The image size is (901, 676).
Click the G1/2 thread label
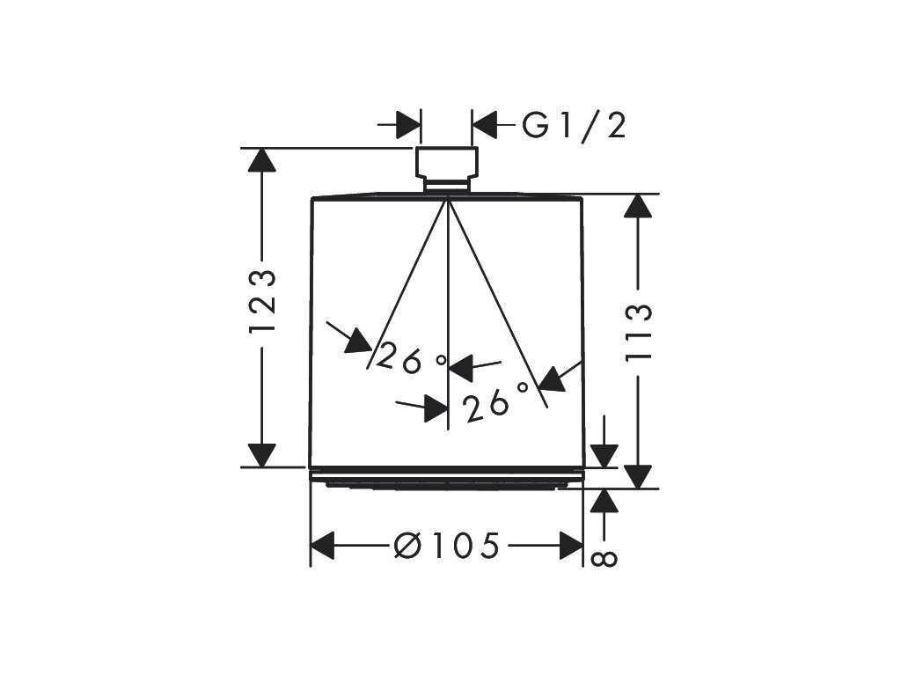click(x=575, y=126)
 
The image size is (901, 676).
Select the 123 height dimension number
click(x=262, y=301)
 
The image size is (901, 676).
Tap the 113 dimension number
click(x=640, y=333)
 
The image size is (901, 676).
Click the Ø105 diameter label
click(x=448, y=546)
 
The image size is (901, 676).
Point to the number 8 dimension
click(x=605, y=557)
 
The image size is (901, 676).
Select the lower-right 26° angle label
click(x=496, y=401)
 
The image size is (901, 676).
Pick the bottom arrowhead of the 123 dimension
click(x=262, y=454)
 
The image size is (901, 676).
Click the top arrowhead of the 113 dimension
click(x=639, y=208)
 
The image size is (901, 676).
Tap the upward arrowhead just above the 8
click(x=604, y=501)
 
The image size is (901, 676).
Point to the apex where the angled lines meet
click(x=448, y=196)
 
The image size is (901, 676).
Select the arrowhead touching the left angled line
click(x=358, y=340)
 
